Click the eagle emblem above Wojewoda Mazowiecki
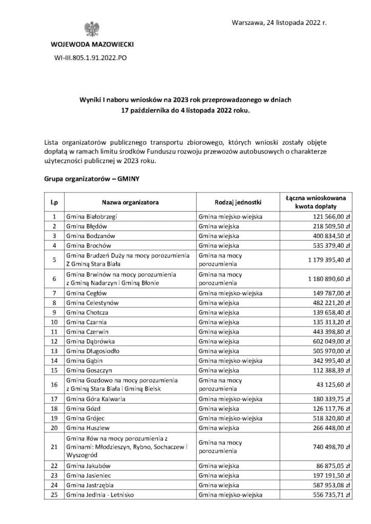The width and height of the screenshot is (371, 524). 92,31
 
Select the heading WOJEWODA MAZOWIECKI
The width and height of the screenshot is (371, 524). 92,45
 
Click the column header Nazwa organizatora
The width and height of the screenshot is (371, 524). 130,202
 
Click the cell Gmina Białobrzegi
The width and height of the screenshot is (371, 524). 87,216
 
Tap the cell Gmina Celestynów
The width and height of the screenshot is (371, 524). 89,302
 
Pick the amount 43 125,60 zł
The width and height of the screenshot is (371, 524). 333,384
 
